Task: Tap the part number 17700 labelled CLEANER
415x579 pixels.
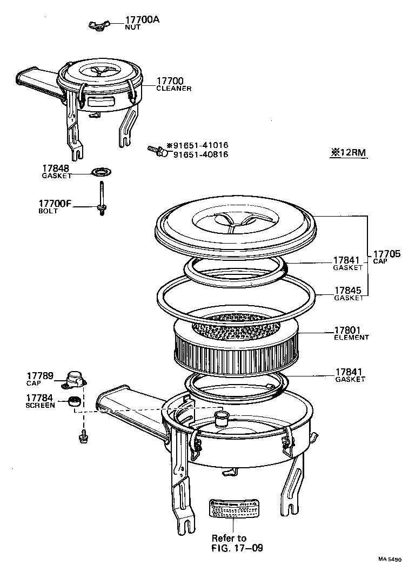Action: click(168, 81)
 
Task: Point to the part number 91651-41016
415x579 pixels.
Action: click(200, 145)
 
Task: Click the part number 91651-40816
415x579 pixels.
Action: click(200, 154)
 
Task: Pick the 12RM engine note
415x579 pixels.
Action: click(349, 153)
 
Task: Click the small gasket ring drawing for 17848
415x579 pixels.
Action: click(101, 172)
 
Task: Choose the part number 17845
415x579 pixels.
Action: click(347, 291)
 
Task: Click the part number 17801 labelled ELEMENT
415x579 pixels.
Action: click(347, 330)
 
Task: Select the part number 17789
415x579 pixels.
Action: click(40, 375)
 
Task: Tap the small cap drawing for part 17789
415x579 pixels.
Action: click(75, 379)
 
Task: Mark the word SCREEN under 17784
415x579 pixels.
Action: click(40, 405)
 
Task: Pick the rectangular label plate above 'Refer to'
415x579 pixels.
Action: click(232, 508)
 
